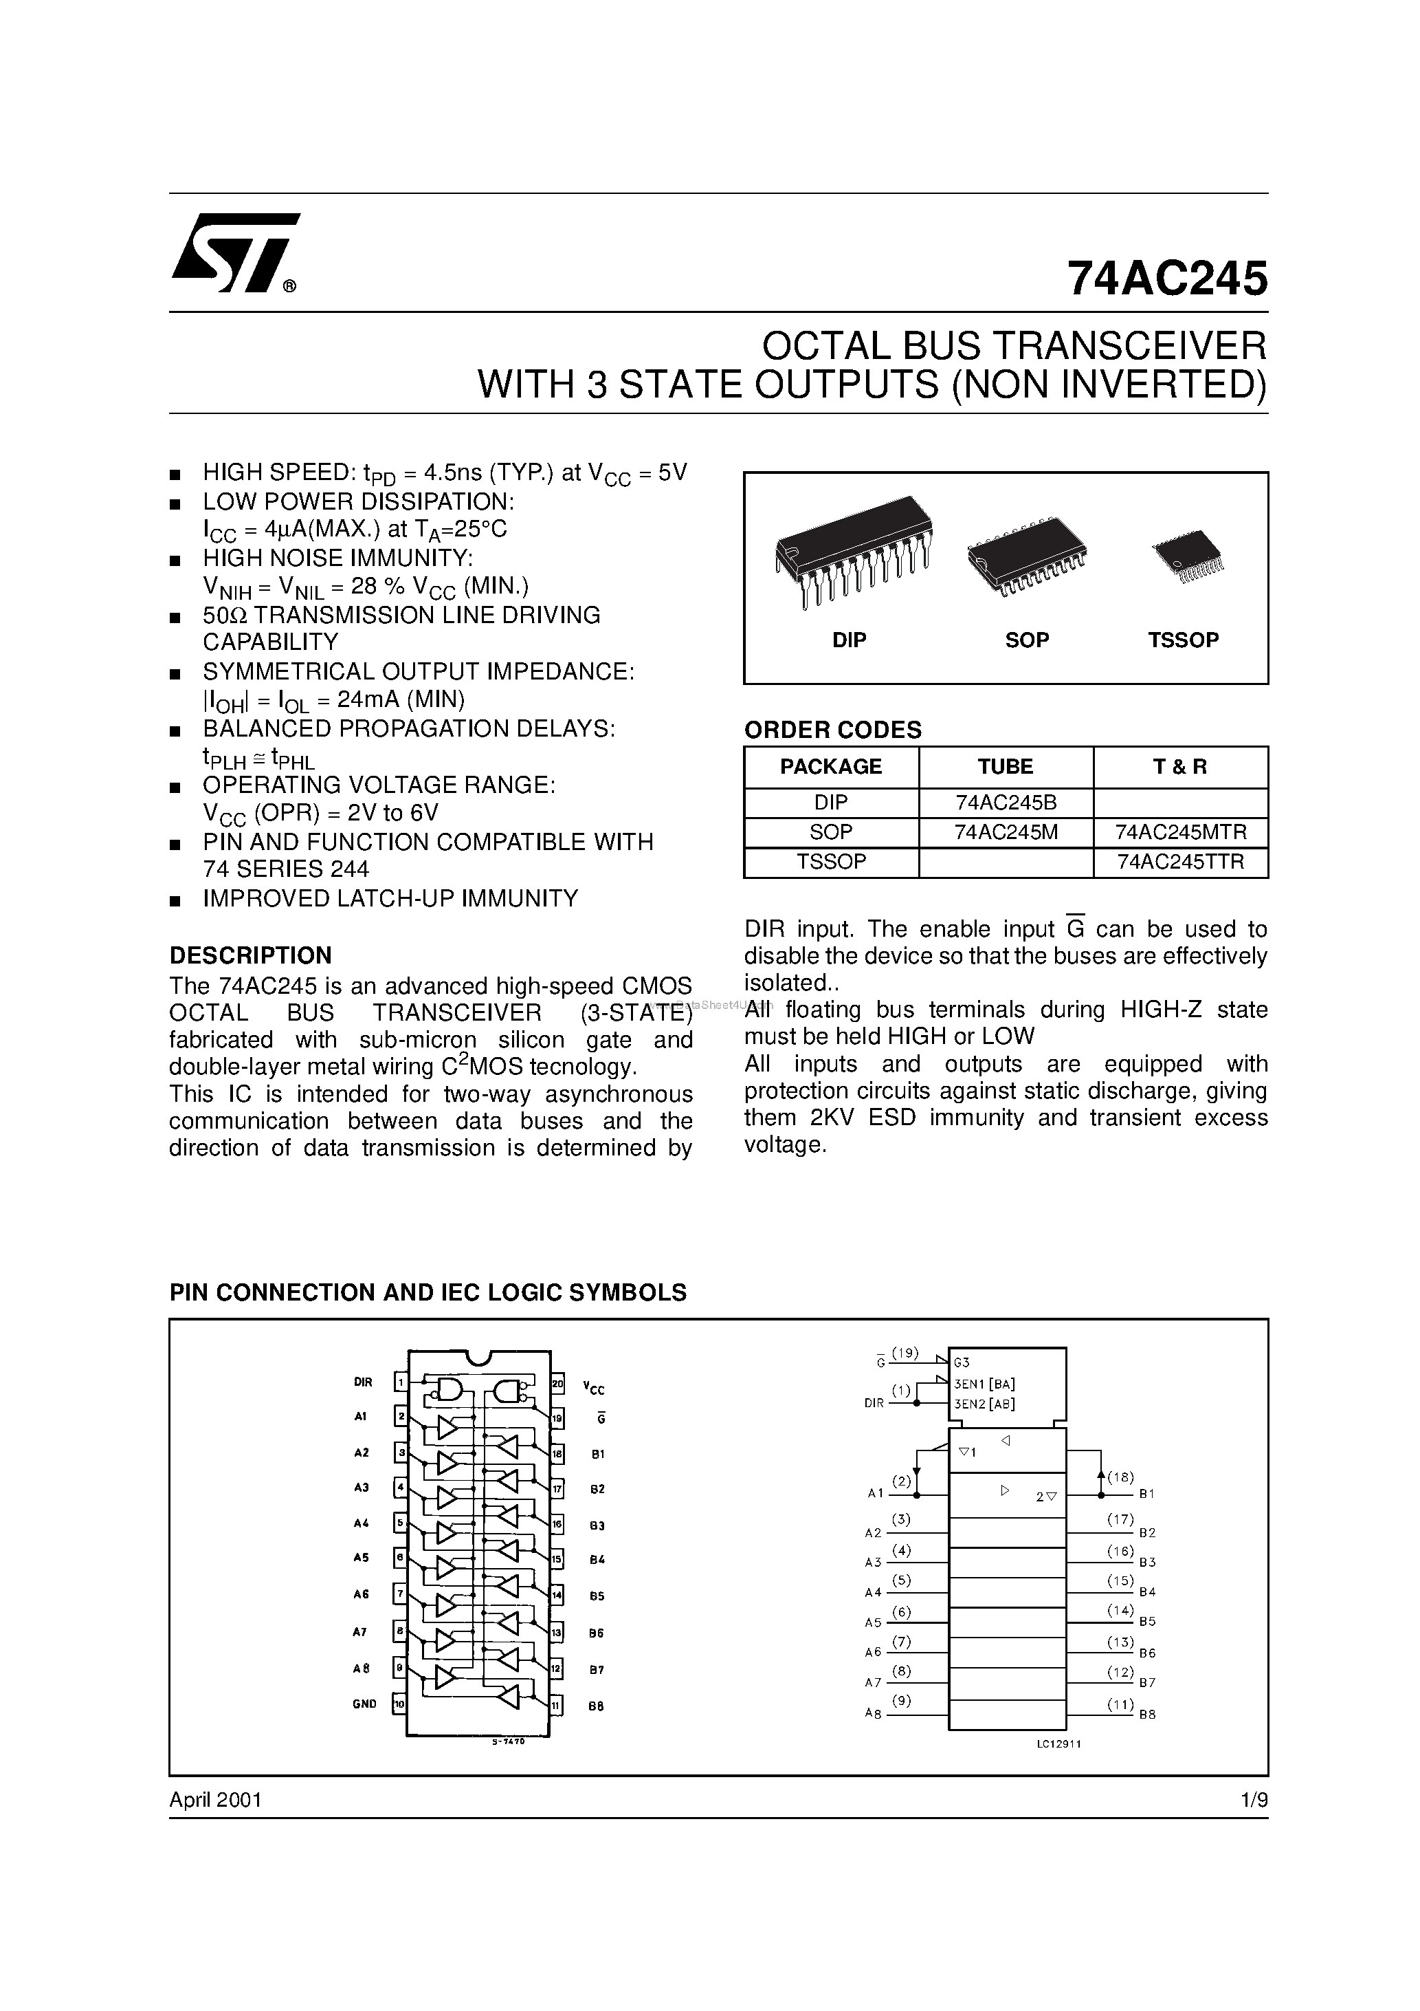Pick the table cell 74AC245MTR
point(1181,832)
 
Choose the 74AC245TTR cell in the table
point(1181,862)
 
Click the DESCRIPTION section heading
point(250,955)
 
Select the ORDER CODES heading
point(832,730)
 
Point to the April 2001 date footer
point(215,1799)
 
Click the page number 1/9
point(1254,1799)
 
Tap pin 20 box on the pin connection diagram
point(557,1384)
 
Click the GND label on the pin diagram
point(364,1704)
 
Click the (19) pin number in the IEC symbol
point(905,1354)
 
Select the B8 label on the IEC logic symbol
point(1148,1715)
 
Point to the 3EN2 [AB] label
point(985,1403)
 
